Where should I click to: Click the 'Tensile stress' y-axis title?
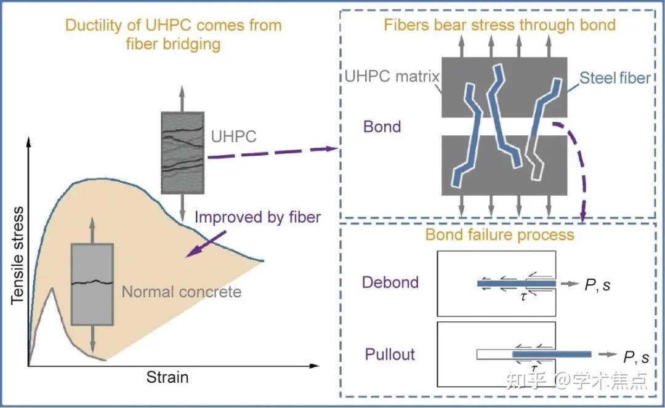click(x=17, y=255)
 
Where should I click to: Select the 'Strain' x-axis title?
click(x=167, y=377)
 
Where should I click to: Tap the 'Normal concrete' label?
click(x=182, y=292)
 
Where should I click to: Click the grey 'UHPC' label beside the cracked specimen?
click(x=234, y=137)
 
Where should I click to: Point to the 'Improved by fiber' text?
click(x=257, y=217)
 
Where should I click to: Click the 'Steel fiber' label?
click(x=615, y=78)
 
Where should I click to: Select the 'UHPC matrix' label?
click(x=392, y=76)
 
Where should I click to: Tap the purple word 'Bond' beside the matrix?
click(x=382, y=127)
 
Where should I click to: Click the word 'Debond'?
click(x=390, y=282)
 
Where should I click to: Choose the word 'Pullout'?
click(x=390, y=354)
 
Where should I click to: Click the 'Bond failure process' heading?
click(x=499, y=234)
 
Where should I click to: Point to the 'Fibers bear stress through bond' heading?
click(x=499, y=25)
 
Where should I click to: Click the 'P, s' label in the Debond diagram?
click(x=597, y=285)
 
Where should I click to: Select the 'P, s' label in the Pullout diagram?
click(x=635, y=357)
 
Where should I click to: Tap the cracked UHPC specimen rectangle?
click(x=182, y=153)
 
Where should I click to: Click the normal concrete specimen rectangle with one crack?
click(x=92, y=284)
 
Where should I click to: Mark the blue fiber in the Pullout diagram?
click(x=552, y=354)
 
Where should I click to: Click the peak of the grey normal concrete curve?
click(x=52, y=288)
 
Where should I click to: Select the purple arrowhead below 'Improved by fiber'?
click(x=191, y=252)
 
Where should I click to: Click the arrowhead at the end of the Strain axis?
click(x=314, y=366)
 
